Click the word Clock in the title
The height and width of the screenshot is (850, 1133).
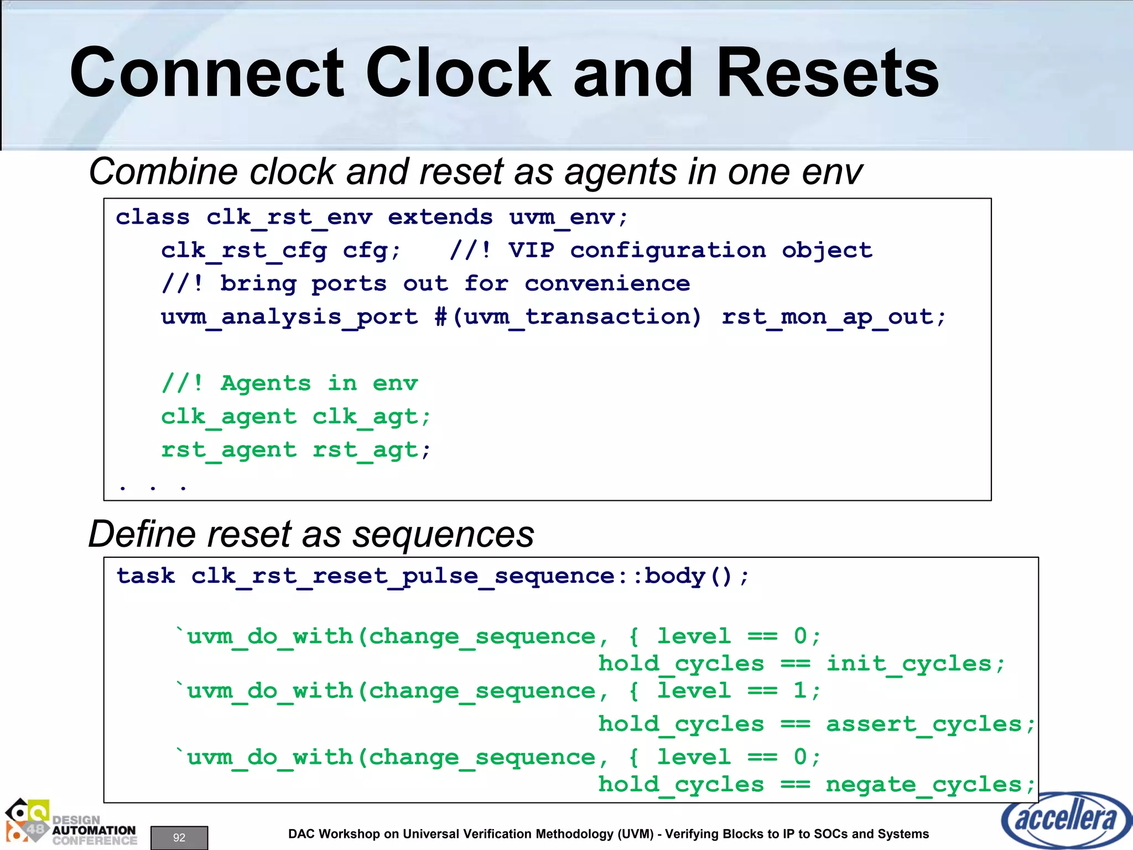point(458,73)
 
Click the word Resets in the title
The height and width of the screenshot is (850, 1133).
point(828,73)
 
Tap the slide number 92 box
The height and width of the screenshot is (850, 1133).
point(179,837)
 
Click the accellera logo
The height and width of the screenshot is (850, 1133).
point(1064,820)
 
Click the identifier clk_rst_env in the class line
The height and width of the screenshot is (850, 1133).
point(289,217)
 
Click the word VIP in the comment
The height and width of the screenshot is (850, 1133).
point(531,250)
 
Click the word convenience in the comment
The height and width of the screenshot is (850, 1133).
point(607,284)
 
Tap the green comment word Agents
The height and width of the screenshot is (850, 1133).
point(266,383)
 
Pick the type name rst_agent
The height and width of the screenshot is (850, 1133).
point(228,450)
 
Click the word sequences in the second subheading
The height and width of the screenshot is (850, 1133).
point(443,535)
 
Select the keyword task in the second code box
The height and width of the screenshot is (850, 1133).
point(145,576)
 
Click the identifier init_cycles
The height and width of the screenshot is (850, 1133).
point(909,664)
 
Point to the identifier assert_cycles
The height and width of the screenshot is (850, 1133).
point(923,724)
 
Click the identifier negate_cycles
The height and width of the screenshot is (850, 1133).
point(923,785)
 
